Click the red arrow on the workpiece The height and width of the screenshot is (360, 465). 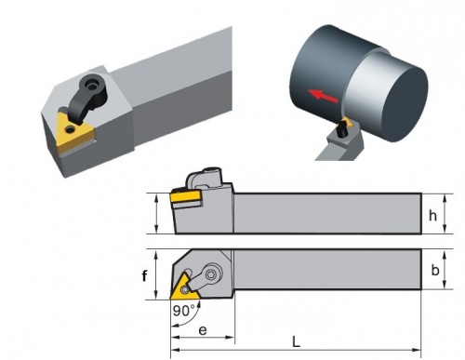323,96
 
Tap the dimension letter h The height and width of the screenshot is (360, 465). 432,215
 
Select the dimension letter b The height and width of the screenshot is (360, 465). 435,270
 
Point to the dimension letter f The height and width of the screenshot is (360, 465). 144,275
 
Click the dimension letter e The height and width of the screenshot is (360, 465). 203,330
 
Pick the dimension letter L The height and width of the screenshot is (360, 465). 297,342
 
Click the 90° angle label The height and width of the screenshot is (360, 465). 184,311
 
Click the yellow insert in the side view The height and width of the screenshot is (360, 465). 185,197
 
